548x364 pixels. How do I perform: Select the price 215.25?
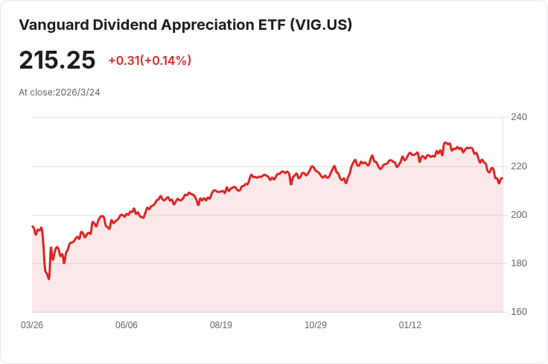point(57,60)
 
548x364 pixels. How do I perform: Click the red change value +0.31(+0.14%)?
point(150,60)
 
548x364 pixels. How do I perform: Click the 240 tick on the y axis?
point(519,117)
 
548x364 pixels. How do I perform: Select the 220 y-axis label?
point(519,166)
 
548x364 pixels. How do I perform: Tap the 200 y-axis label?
point(519,215)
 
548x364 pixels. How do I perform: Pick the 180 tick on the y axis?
point(519,263)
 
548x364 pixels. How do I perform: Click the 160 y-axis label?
point(519,312)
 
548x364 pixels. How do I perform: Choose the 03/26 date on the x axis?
point(32,325)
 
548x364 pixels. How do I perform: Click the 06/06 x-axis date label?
point(127,325)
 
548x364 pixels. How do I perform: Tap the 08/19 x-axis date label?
point(221,325)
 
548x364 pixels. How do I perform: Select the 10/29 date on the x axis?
point(316,325)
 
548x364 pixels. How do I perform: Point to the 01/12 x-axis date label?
point(410,325)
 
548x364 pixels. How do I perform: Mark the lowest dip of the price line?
point(49,279)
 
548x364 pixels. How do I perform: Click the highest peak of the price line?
point(445,142)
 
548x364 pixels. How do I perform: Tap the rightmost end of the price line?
point(503,178)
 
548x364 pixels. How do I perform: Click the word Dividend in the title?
point(120,25)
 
